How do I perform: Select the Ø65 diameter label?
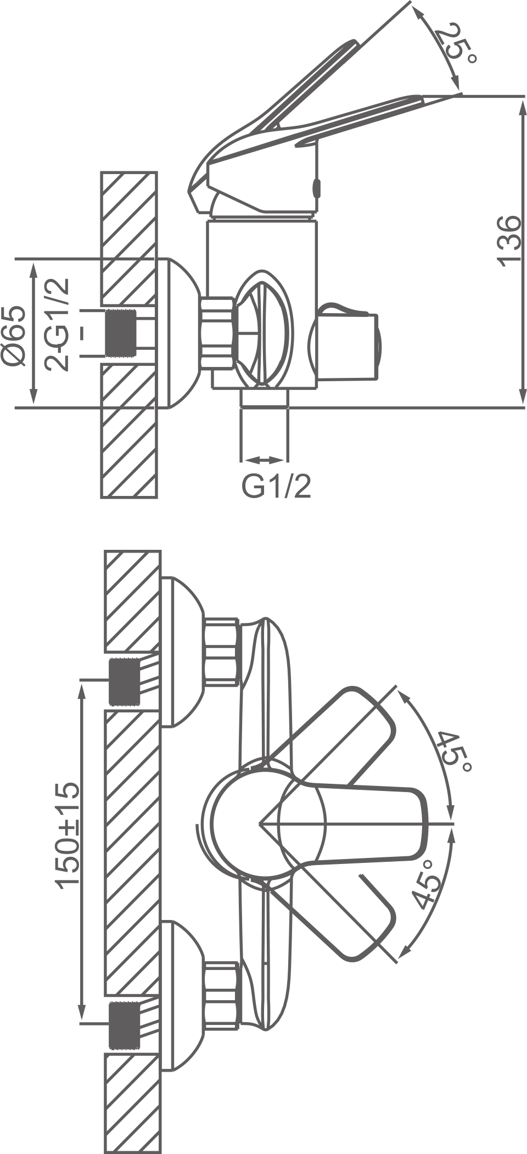click(14, 335)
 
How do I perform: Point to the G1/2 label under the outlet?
click(277, 486)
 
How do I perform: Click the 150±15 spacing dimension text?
click(69, 834)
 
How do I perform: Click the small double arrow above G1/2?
click(263, 460)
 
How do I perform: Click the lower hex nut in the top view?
click(222, 995)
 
